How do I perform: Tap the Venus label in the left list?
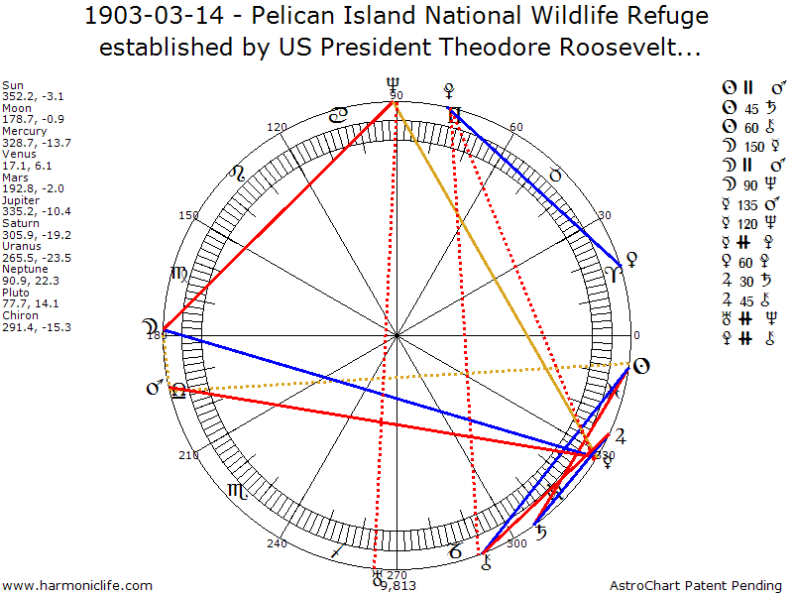19,154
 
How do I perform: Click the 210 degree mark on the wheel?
188,455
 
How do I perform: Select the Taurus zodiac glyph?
555,175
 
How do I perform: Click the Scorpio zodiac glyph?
237,490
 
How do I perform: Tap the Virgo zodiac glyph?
178,275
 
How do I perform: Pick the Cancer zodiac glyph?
339,116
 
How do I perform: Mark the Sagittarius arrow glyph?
339,550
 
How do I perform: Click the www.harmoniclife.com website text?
77,586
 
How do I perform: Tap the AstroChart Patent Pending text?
694,586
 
